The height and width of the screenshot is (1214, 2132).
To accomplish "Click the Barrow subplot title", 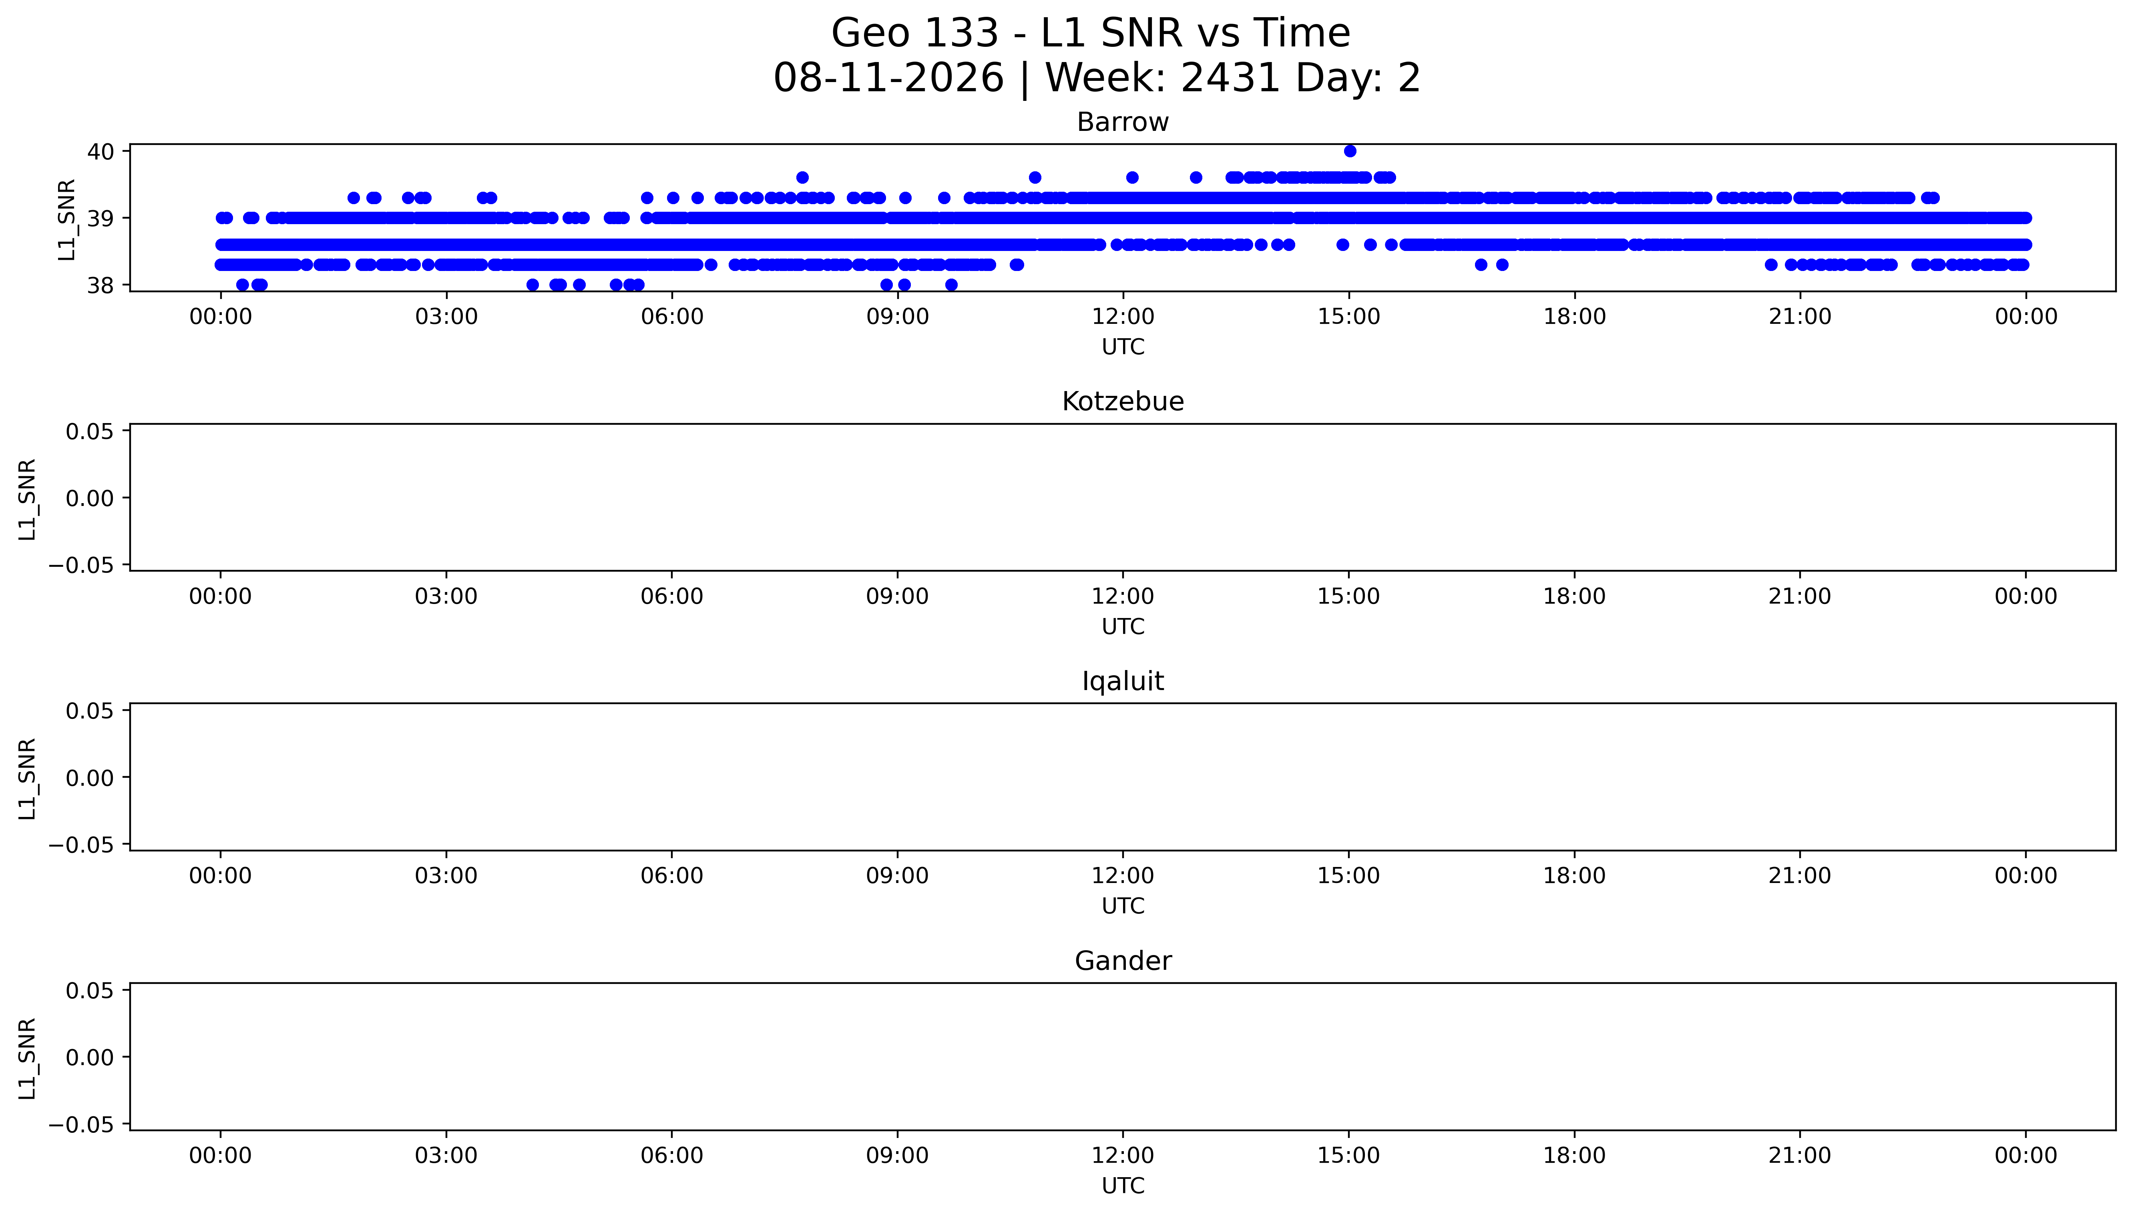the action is [x=1122, y=122].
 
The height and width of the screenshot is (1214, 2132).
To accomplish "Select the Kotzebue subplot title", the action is [x=1122, y=402].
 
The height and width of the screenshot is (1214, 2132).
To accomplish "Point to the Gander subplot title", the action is [x=1122, y=961].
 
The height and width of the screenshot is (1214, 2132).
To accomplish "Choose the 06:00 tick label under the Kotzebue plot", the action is [x=672, y=596].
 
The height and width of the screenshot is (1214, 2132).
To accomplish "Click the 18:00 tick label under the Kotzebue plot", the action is [x=1574, y=596].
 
